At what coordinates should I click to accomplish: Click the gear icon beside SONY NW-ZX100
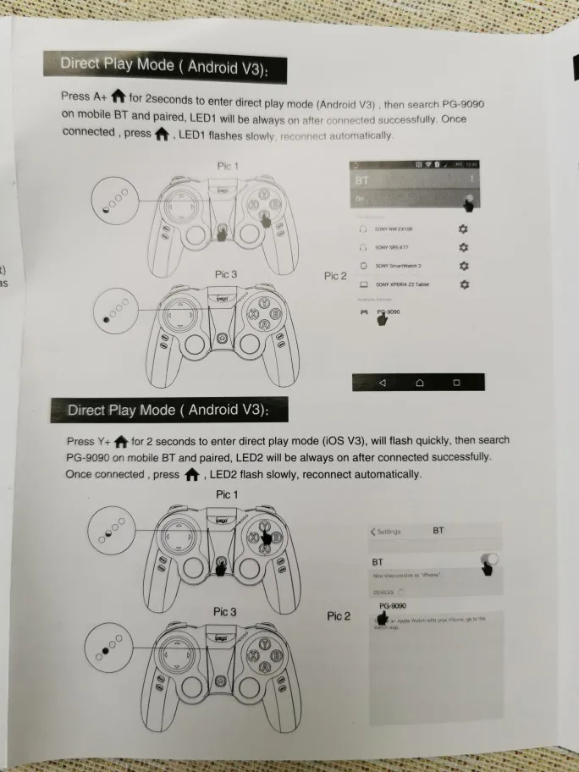[463, 229]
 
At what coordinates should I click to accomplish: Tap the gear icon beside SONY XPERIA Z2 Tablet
[464, 285]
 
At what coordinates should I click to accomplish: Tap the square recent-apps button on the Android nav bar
[456, 383]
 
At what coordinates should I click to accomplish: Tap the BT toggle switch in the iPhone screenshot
[488, 560]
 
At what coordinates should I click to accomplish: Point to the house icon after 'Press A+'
[119, 96]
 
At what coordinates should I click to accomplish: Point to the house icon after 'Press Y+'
[121, 441]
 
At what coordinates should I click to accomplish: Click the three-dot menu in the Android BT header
[471, 179]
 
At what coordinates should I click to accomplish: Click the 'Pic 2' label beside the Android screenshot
[336, 276]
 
